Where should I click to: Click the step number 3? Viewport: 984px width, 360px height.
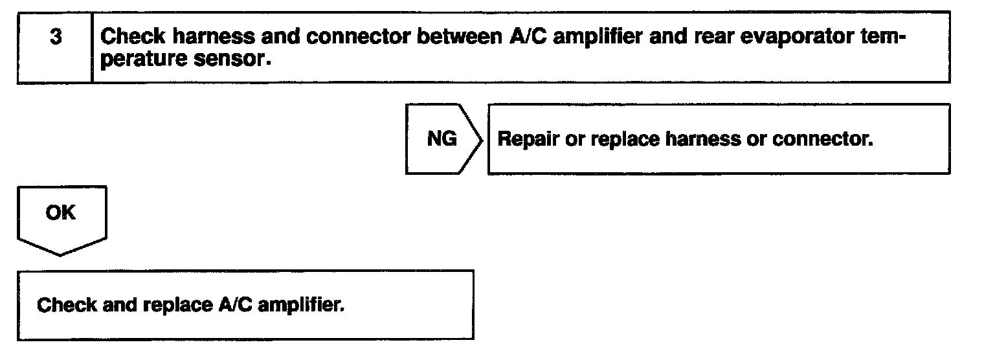(x=56, y=38)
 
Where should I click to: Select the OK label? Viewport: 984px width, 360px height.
(x=60, y=212)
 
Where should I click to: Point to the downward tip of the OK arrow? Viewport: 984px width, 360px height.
(x=60, y=254)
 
